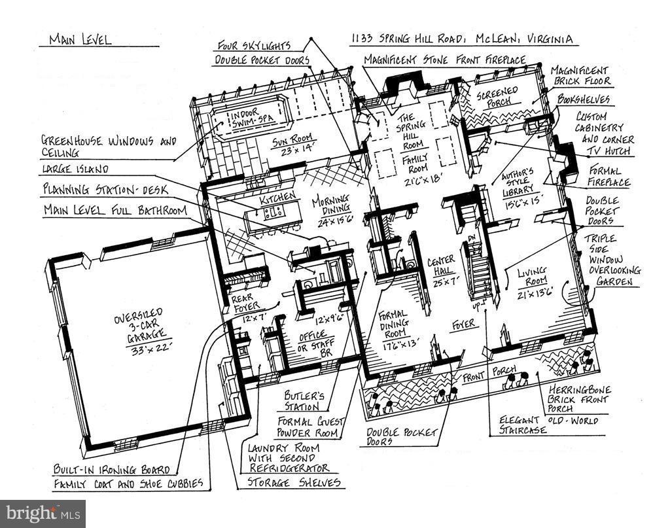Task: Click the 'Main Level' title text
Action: pyautogui.click(x=80, y=40)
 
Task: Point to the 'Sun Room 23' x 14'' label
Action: pyautogui.click(x=294, y=143)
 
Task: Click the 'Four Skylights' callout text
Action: pyautogui.click(x=255, y=46)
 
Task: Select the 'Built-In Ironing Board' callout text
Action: pyautogui.click(x=112, y=470)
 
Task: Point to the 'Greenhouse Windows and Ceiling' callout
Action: pyautogui.click(x=108, y=146)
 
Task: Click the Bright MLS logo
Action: pyautogui.click(x=43, y=514)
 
